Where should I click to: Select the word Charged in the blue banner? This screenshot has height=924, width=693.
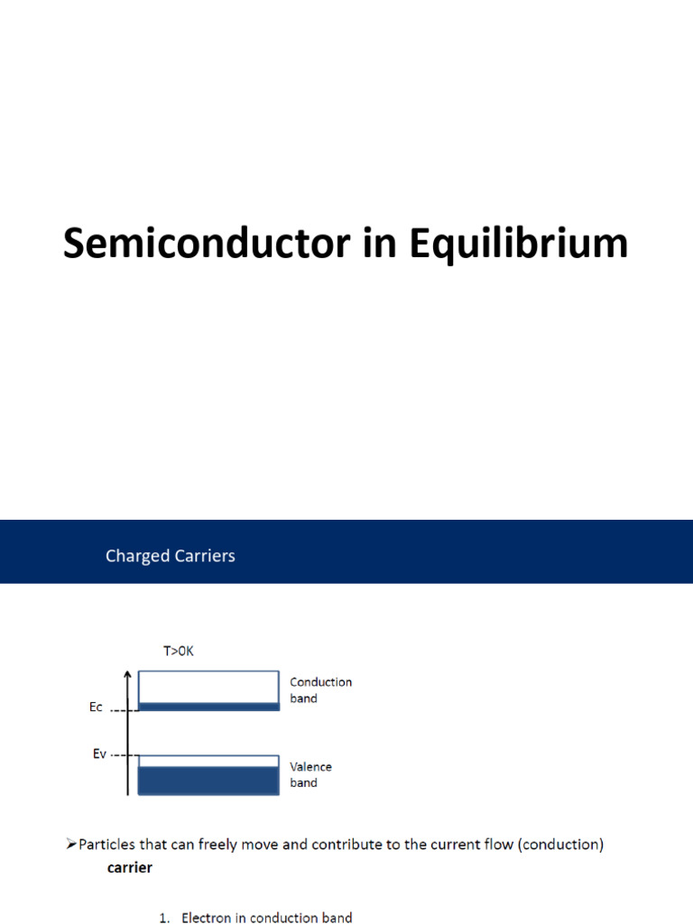[137, 556]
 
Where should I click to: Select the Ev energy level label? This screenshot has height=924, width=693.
[100, 753]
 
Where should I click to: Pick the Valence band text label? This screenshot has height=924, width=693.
[310, 775]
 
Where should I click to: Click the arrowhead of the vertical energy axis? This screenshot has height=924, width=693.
[128, 674]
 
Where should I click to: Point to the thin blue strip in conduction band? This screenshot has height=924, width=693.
[208, 707]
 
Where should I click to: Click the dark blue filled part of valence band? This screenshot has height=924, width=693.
[208, 781]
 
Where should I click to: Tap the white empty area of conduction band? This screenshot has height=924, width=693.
[208, 687]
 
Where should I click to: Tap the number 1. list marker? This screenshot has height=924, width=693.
[164, 919]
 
